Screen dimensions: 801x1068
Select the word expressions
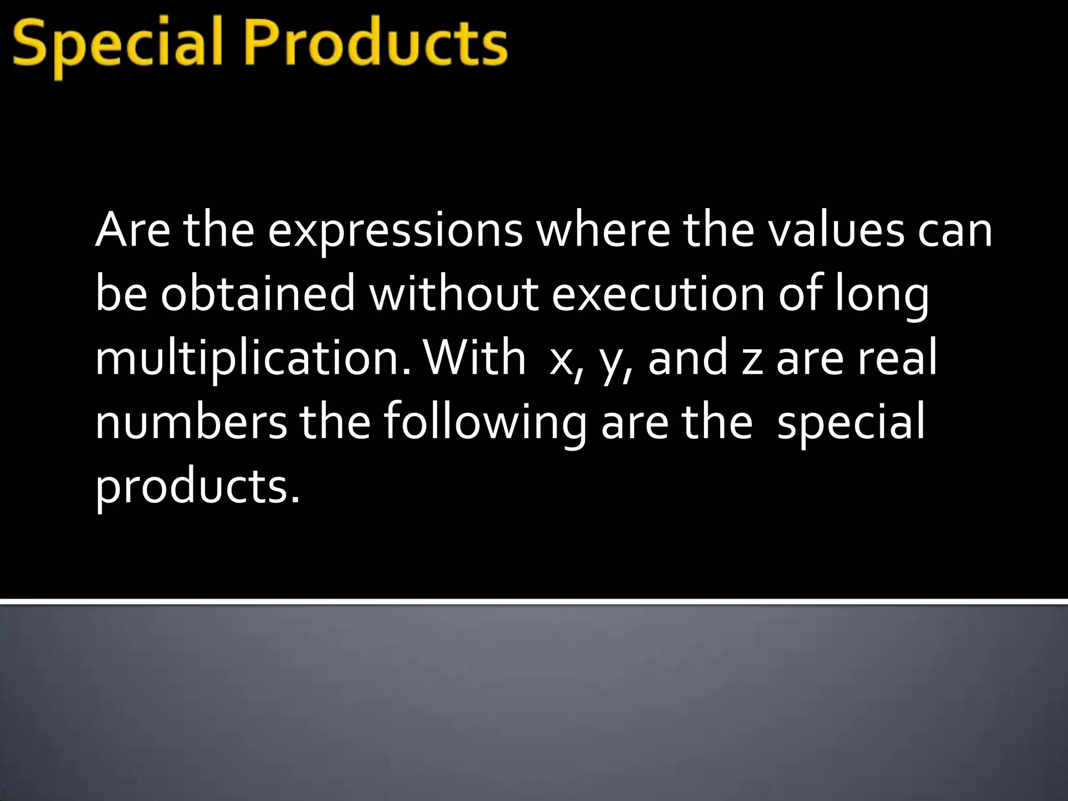pos(395,231)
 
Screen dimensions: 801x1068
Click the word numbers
pos(191,422)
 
